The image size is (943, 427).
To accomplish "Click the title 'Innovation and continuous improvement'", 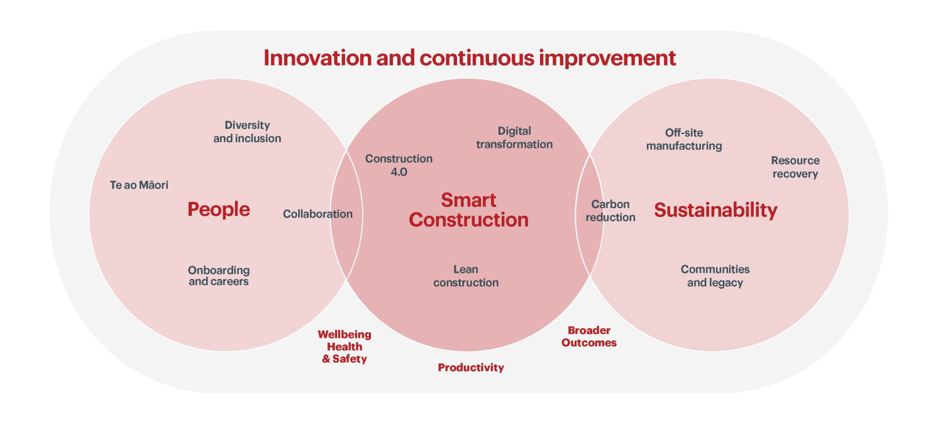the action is pyautogui.click(x=470, y=58).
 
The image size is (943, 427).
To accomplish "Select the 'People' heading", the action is pyautogui.click(x=219, y=209).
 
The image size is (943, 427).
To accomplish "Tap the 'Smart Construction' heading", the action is pyautogui.click(x=468, y=210).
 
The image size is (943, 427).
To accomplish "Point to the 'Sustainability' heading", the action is pyautogui.click(x=715, y=210).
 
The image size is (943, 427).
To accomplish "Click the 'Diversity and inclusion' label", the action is pyautogui.click(x=247, y=132).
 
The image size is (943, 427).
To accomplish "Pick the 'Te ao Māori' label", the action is pyautogui.click(x=139, y=185).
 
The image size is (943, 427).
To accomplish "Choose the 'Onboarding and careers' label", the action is pyautogui.click(x=219, y=276).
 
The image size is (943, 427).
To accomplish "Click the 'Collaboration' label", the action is pyautogui.click(x=317, y=214).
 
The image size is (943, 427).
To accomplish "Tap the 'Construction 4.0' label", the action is pyautogui.click(x=399, y=165).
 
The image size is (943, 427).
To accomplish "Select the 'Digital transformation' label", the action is pyautogui.click(x=514, y=138).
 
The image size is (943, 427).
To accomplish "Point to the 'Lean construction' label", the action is pyautogui.click(x=466, y=276).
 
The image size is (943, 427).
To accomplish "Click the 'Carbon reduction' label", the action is pyautogui.click(x=610, y=211).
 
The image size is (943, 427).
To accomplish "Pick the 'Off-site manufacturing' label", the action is pyautogui.click(x=684, y=140).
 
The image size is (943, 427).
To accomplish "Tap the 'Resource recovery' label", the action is pyautogui.click(x=795, y=167).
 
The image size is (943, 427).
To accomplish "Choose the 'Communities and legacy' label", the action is pyautogui.click(x=715, y=276).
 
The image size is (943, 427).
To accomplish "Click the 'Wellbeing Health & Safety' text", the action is pyautogui.click(x=345, y=347).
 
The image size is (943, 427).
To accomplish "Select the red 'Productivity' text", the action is pyautogui.click(x=471, y=368).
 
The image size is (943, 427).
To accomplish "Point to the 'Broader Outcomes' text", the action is pyautogui.click(x=589, y=336).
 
